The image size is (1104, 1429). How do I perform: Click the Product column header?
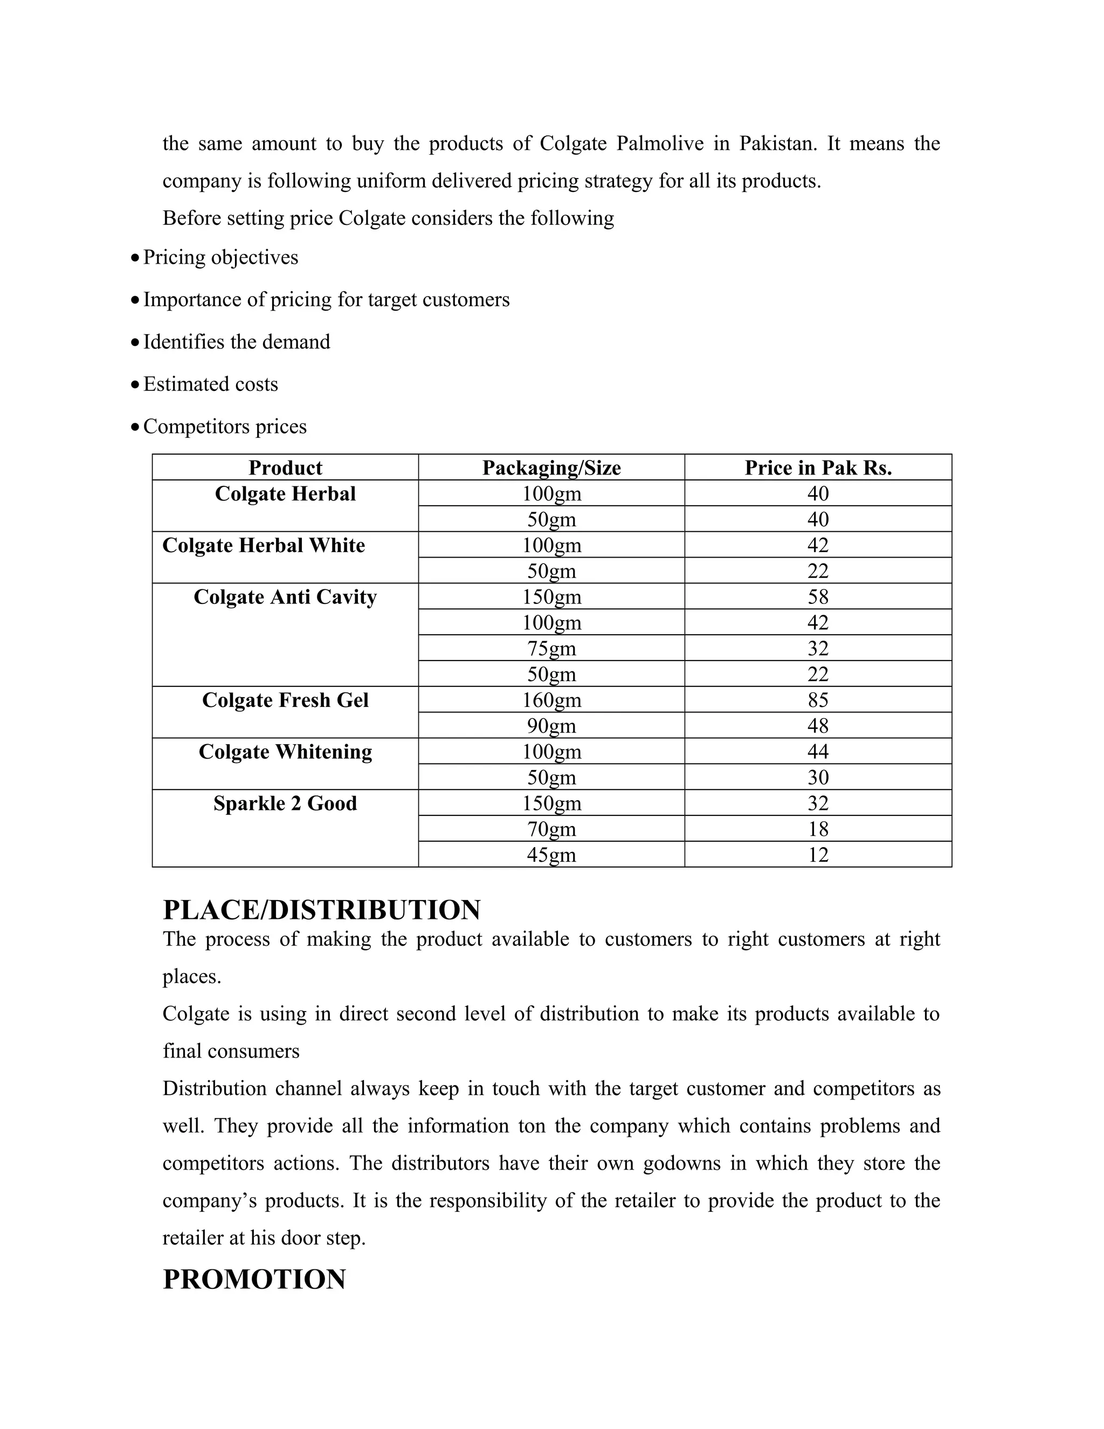(x=285, y=468)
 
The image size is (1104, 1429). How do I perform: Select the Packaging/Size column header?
(x=551, y=468)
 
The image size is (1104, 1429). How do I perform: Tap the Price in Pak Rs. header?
(x=818, y=468)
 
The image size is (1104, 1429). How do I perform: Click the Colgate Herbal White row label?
(x=264, y=545)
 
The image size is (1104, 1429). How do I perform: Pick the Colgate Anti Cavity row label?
(x=285, y=597)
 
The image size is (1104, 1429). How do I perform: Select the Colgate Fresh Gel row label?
(x=285, y=700)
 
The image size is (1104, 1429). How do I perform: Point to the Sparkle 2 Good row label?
(x=285, y=803)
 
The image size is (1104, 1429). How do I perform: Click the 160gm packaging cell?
(x=551, y=700)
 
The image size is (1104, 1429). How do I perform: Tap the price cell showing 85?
(x=818, y=700)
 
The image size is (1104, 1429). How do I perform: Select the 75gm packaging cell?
(x=551, y=648)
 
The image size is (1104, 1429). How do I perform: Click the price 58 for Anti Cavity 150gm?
(x=818, y=597)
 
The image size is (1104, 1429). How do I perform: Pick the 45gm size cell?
(x=551, y=855)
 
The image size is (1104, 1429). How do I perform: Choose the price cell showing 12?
(x=818, y=855)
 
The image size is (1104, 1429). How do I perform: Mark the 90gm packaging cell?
(x=551, y=726)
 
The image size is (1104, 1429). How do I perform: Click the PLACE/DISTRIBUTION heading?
(x=322, y=910)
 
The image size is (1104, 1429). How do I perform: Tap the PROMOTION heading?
(x=254, y=1279)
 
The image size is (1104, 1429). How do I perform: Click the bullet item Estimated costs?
(x=211, y=384)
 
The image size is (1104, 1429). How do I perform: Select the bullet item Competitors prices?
(x=225, y=427)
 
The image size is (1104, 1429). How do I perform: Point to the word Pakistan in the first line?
(x=778, y=143)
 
